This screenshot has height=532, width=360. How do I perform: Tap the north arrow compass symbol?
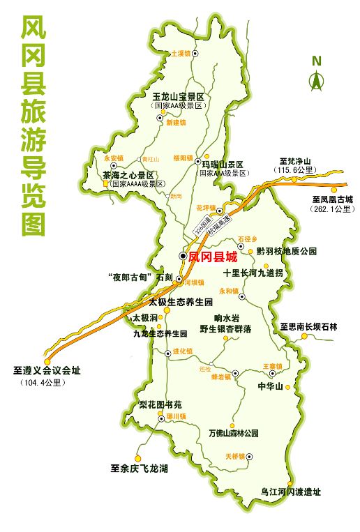click(x=317, y=74)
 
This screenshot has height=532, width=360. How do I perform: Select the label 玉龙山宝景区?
click(x=177, y=96)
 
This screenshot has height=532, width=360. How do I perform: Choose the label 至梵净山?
click(x=295, y=160)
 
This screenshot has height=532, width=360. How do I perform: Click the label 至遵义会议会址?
click(x=47, y=371)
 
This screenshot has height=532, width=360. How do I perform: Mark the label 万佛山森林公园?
click(x=234, y=433)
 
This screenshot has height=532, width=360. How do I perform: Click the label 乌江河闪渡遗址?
click(x=291, y=492)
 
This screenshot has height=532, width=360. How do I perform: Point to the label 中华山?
click(x=269, y=386)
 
